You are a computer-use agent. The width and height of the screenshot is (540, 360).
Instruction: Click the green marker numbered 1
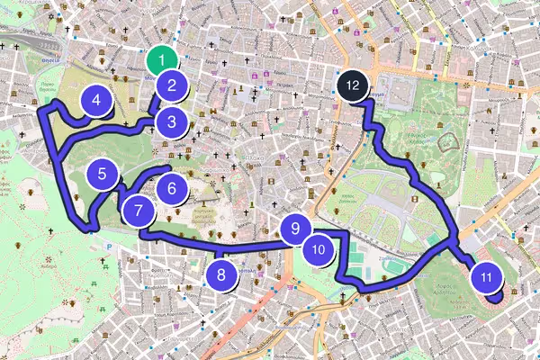point(160,61)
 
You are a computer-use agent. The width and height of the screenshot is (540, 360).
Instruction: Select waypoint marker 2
point(170,87)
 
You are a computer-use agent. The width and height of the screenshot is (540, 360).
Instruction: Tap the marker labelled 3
point(171,121)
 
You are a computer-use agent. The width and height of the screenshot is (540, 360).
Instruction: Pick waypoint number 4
point(95,102)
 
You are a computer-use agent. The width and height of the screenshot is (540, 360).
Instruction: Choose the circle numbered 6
point(171,189)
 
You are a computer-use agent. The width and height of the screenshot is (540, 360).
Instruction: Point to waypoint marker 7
point(138,212)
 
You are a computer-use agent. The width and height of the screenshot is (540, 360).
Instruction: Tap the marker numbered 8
point(221,274)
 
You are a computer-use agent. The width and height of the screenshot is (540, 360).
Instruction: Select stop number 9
point(295,229)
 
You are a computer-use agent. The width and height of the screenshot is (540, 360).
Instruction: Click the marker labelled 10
point(318,249)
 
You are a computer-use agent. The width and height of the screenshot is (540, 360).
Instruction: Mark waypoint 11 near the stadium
point(486,278)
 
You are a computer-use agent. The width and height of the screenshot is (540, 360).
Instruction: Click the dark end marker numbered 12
point(352,85)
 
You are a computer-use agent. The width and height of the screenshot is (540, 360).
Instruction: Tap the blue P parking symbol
point(109,244)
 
